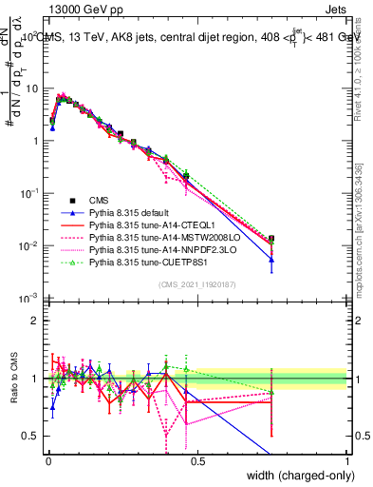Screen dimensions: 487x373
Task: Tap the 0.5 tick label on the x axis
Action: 197,460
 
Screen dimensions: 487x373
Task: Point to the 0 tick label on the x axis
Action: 47,460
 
